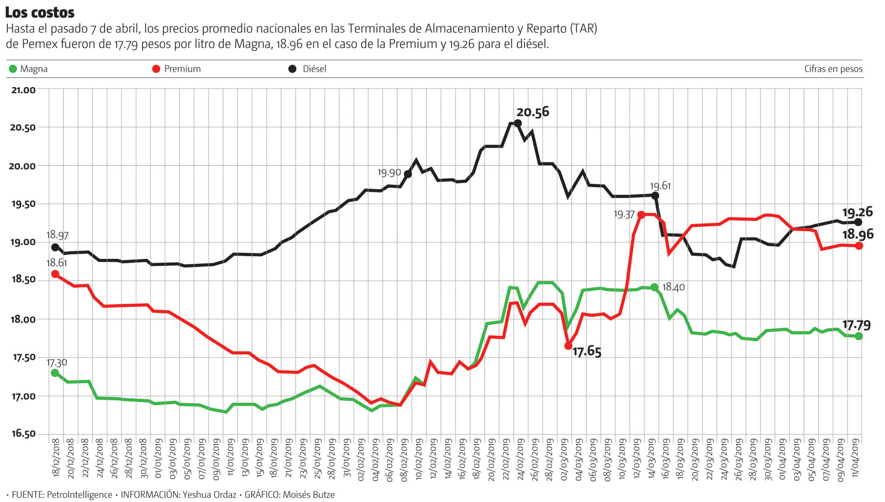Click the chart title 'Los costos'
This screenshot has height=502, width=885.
click(x=40, y=12)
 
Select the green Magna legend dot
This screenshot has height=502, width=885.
click(x=13, y=69)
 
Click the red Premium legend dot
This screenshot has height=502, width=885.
click(x=156, y=69)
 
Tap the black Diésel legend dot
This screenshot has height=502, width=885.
click(x=293, y=69)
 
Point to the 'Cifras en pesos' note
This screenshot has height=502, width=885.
click(x=833, y=69)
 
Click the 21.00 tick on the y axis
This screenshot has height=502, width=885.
click(x=23, y=90)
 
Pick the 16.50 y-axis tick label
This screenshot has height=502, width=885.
click(x=23, y=434)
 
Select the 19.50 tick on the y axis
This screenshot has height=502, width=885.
click(x=23, y=204)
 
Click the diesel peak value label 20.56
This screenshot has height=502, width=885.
click(x=533, y=112)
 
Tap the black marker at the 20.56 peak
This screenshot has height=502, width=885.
click(x=518, y=123)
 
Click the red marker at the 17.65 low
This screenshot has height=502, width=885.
click(x=568, y=346)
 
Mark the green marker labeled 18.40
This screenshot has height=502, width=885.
click(x=654, y=287)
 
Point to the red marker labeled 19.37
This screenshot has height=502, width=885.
click(x=641, y=215)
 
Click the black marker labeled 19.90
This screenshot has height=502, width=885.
click(x=408, y=174)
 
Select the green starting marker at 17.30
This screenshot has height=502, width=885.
click(x=55, y=373)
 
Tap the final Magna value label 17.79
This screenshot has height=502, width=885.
click(x=856, y=325)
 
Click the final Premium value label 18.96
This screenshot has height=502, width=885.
click(x=857, y=234)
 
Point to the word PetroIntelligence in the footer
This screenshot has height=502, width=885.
click(x=79, y=495)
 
